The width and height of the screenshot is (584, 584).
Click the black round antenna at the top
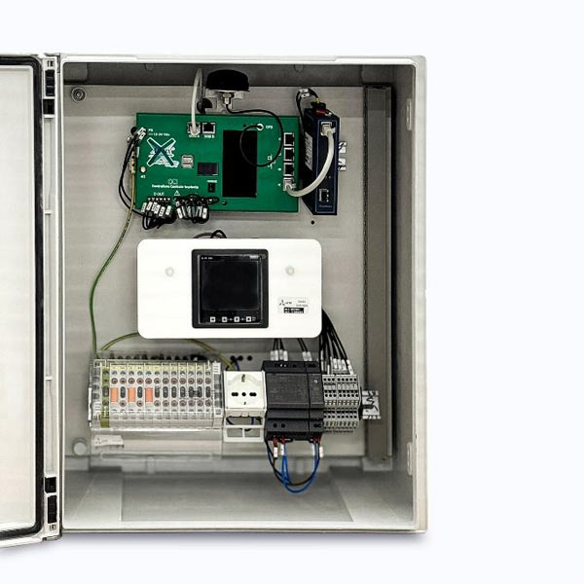[x=227, y=80]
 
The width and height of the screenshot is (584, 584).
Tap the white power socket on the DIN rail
[x=243, y=392]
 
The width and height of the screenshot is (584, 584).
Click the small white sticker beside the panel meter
[x=291, y=306]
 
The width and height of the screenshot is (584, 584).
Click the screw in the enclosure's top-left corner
[x=78, y=94]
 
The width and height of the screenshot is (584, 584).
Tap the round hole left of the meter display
[x=169, y=274]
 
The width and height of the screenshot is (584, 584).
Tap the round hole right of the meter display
[x=292, y=274]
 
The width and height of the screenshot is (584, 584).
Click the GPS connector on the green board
[x=260, y=128]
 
